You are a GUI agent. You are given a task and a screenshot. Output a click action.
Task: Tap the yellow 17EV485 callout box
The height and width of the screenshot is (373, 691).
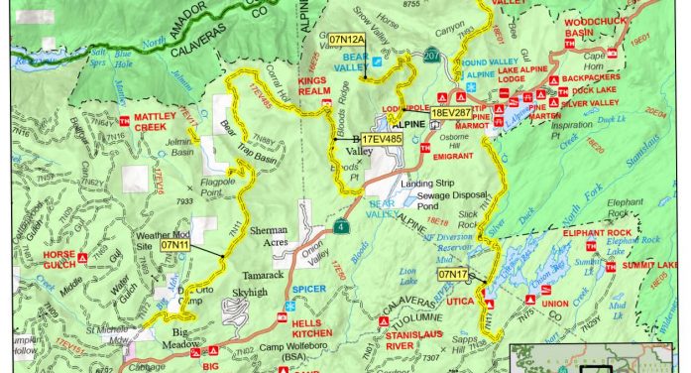tap(382, 141)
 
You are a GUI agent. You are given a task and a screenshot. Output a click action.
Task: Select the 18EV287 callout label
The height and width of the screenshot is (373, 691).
tap(450, 114)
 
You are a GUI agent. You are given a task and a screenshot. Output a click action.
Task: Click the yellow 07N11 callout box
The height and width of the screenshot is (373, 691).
tap(175, 243)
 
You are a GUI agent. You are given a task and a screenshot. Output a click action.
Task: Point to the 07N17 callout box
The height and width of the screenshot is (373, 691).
tap(452, 273)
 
